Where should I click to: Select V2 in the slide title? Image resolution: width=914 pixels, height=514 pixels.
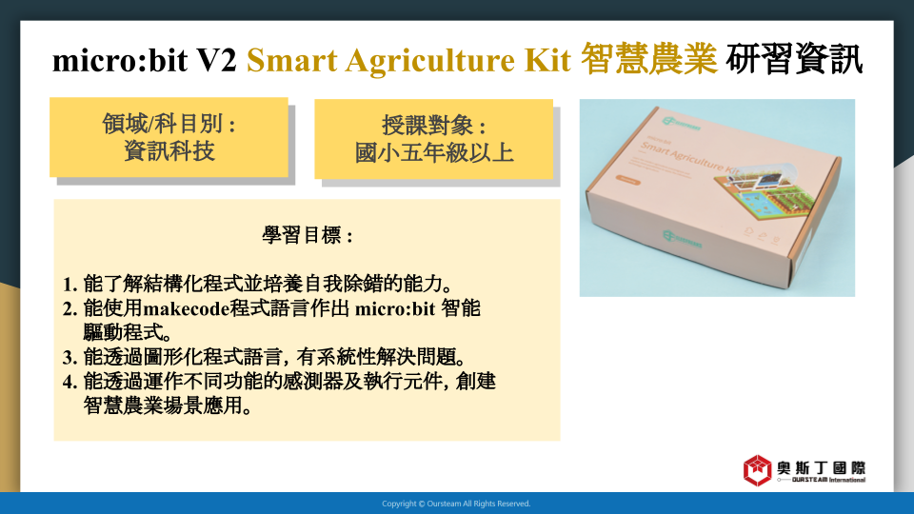pos(216,60)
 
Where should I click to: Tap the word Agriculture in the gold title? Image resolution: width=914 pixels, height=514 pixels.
pos(429,61)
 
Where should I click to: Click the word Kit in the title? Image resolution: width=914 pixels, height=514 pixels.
pos(547,60)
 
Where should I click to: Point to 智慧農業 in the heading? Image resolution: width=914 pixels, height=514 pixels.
pos(648,59)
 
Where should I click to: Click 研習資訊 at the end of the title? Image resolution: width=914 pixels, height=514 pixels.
pos(794,59)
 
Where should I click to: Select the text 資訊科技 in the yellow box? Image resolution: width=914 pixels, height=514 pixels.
pos(169,151)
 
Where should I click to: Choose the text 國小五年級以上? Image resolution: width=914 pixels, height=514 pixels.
pos(434,152)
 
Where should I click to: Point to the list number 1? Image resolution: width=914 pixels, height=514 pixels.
pos(70,285)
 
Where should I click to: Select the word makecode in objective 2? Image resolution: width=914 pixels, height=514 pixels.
pos(186,308)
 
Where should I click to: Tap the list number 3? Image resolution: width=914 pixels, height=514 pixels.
pos(70,357)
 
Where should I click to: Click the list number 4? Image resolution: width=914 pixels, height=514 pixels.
pos(70,382)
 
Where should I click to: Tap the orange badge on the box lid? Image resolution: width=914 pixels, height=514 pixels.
pos(628,180)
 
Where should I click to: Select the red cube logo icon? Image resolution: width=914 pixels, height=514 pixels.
pos(757,470)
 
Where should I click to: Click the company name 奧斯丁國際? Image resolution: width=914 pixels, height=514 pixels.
pos(821,468)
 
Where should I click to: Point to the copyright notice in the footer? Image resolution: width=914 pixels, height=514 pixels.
pos(456,504)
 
